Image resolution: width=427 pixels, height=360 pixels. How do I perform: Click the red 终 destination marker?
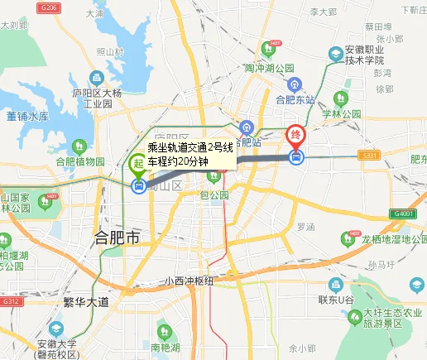tap(295, 136)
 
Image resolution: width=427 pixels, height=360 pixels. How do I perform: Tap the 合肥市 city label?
tap(118, 239)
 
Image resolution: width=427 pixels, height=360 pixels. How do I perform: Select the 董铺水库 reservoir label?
tap(27, 117)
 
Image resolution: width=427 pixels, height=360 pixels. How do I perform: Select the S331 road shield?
tap(369, 155)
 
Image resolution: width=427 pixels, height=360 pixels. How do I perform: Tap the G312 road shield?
tap(11, 301)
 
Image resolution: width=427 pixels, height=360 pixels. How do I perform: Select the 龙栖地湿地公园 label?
tap(381, 239)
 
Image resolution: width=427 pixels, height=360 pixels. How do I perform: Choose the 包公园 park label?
tap(214, 195)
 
